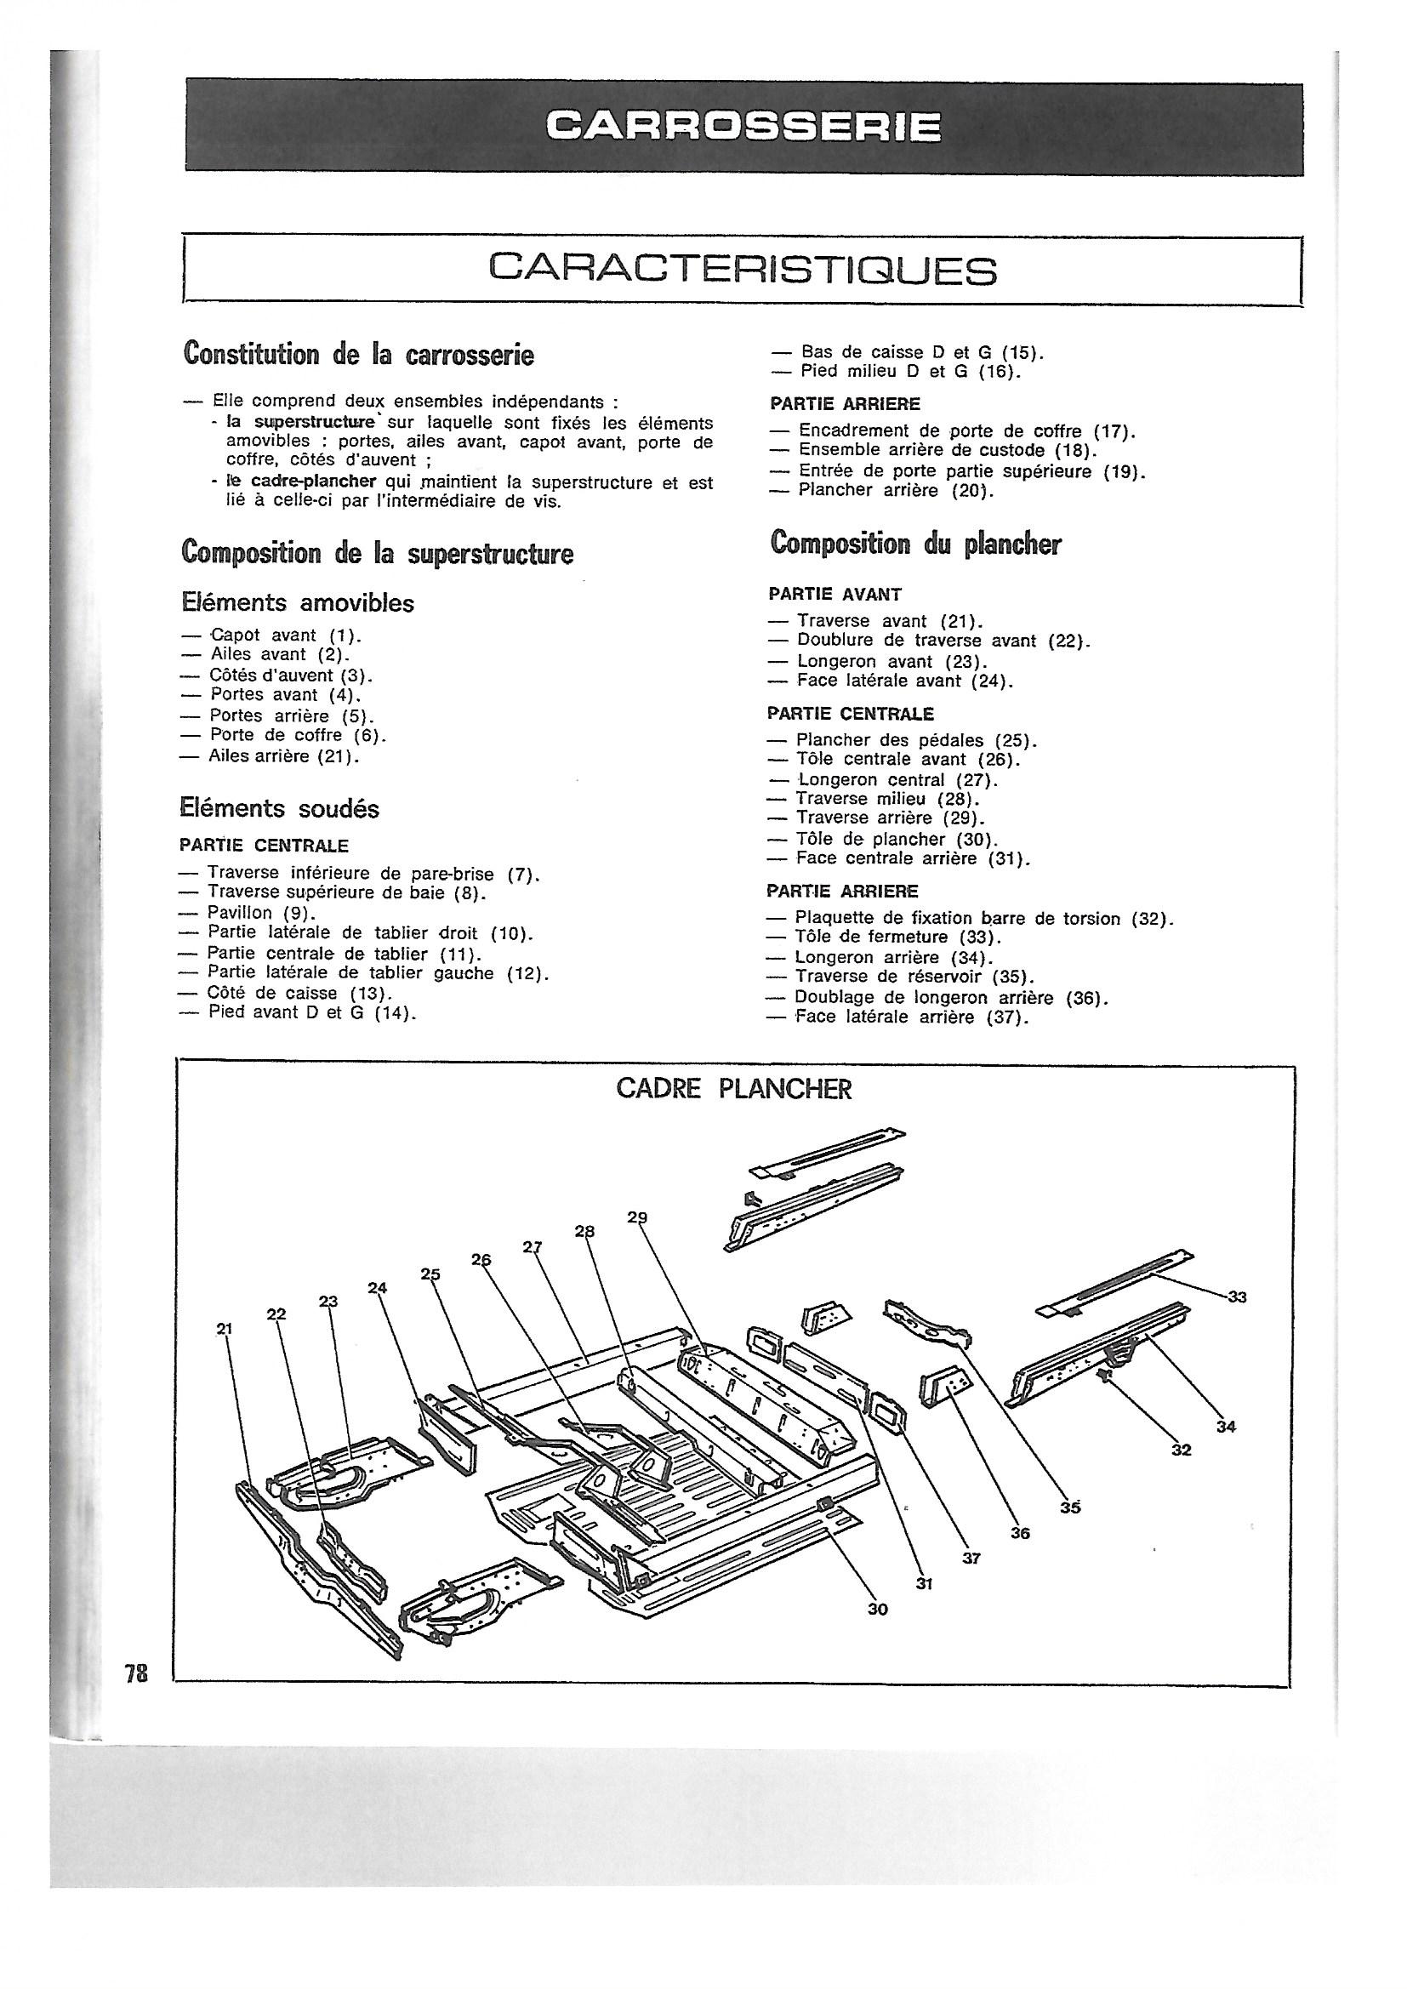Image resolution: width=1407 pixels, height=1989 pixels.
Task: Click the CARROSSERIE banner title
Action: point(743,128)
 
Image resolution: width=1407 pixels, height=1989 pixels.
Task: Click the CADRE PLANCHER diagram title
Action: point(734,1089)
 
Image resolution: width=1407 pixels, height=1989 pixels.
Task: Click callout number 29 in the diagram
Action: point(637,1217)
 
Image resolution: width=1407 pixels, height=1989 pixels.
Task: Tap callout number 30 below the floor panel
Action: point(878,1609)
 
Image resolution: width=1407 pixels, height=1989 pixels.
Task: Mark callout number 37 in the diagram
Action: point(971,1558)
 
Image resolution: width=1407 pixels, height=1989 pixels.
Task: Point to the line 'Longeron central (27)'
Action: point(897,779)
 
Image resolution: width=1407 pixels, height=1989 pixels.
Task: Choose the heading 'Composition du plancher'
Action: point(916,543)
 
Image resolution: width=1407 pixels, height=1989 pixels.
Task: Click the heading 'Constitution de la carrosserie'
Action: point(358,354)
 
